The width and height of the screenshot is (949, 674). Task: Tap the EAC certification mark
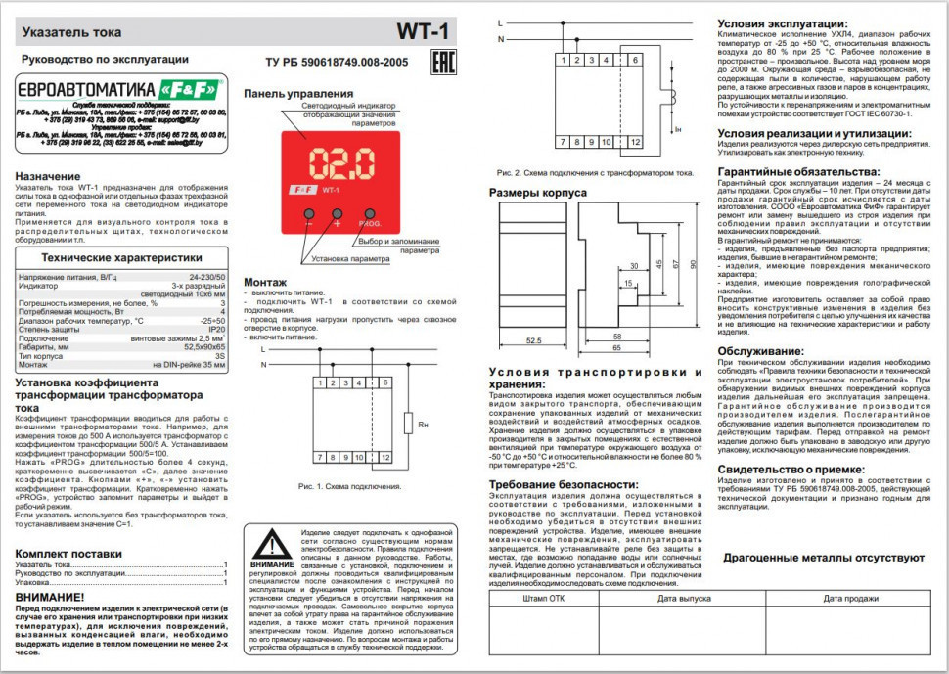click(x=439, y=65)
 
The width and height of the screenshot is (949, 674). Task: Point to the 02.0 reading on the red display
click(x=338, y=160)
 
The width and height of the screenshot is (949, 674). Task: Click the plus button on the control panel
click(x=338, y=213)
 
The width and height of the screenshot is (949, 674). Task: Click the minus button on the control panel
click(x=307, y=213)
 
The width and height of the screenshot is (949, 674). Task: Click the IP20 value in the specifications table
click(x=217, y=331)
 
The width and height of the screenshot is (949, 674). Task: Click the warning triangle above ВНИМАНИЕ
click(x=271, y=544)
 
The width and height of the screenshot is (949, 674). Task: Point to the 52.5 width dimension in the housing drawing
click(x=533, y=340)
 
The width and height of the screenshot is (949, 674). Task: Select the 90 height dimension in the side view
click(x=693, y=264)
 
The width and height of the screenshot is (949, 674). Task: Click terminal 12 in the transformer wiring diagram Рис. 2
click(x=635, y=142)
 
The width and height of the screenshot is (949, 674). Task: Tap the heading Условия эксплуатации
click(x=783, y=22)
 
